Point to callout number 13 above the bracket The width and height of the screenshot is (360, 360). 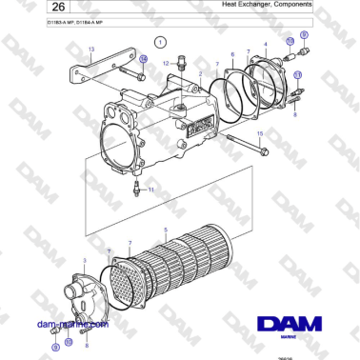click(x=91, y=48)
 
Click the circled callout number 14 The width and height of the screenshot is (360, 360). click(x=142, y=58)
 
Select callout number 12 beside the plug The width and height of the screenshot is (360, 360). click(x=165, y=64)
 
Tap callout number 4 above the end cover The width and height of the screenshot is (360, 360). click(x=264, y=45)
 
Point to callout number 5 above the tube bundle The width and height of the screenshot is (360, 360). click(x=165, y=230)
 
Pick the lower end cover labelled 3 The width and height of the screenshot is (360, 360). click(x=86, y=294)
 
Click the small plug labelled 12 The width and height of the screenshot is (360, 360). click(x=181, y=70)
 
